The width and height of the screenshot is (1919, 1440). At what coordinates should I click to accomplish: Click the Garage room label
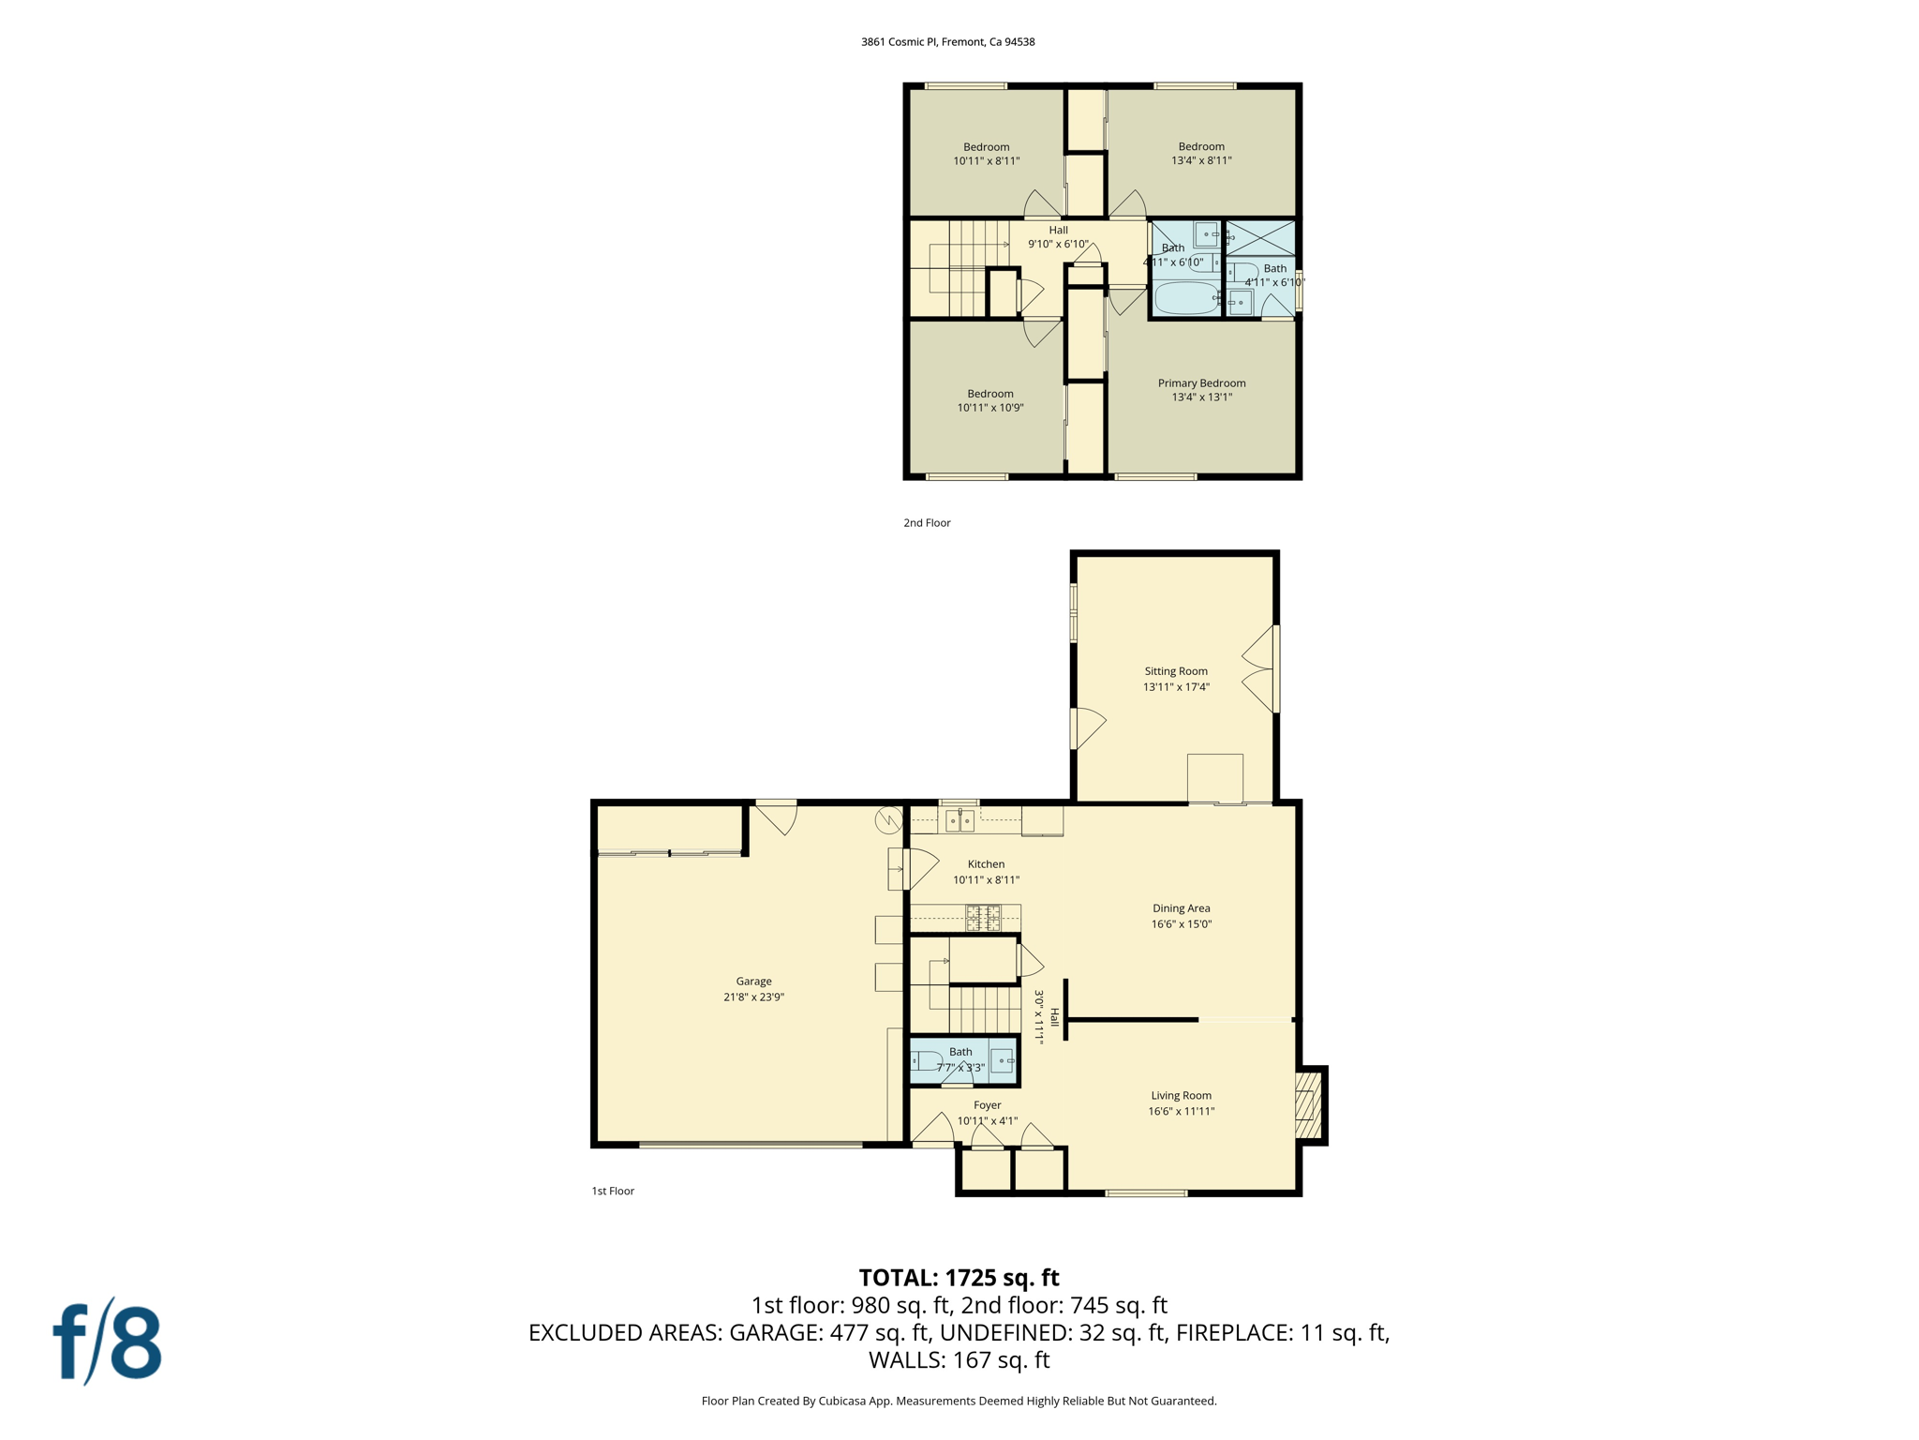point(753,982)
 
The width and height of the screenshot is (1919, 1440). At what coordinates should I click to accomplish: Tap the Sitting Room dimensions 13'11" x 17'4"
point(1176,687)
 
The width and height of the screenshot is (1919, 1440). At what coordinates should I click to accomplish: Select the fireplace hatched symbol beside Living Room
point(1307,1105)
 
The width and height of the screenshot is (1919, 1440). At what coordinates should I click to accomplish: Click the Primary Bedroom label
point(1201,382)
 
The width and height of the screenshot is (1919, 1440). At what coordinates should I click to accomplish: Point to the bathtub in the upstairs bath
point(1184,299)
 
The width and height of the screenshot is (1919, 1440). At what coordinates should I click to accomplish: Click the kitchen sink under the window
point(959,821)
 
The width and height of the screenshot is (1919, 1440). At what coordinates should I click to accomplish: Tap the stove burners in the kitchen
point(983,918)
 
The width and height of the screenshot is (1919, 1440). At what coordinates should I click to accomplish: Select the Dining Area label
point(1181,907)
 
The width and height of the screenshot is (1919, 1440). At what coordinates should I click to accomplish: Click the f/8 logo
point(107,1342)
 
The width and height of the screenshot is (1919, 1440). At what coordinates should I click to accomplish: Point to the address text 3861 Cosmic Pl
point(947,42)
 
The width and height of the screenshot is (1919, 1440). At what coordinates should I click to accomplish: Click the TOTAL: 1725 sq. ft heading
point(959,1278)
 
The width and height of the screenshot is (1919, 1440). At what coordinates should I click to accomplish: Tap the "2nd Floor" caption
point(927,523)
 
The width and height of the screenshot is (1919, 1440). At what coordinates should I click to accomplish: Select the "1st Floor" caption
point(613,1191)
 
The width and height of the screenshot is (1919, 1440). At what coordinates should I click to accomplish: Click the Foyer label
point(987,1105)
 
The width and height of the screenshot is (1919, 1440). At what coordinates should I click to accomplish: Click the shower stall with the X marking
point(1260,237)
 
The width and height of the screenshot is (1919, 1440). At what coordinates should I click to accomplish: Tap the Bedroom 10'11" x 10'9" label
point(989,400)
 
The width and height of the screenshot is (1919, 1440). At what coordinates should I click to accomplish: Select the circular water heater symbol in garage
point(888,820)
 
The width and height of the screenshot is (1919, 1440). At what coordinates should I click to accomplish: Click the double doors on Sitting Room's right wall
point(1260,668)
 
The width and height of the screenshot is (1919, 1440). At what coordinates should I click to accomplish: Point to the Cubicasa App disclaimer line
point(959,1401)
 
